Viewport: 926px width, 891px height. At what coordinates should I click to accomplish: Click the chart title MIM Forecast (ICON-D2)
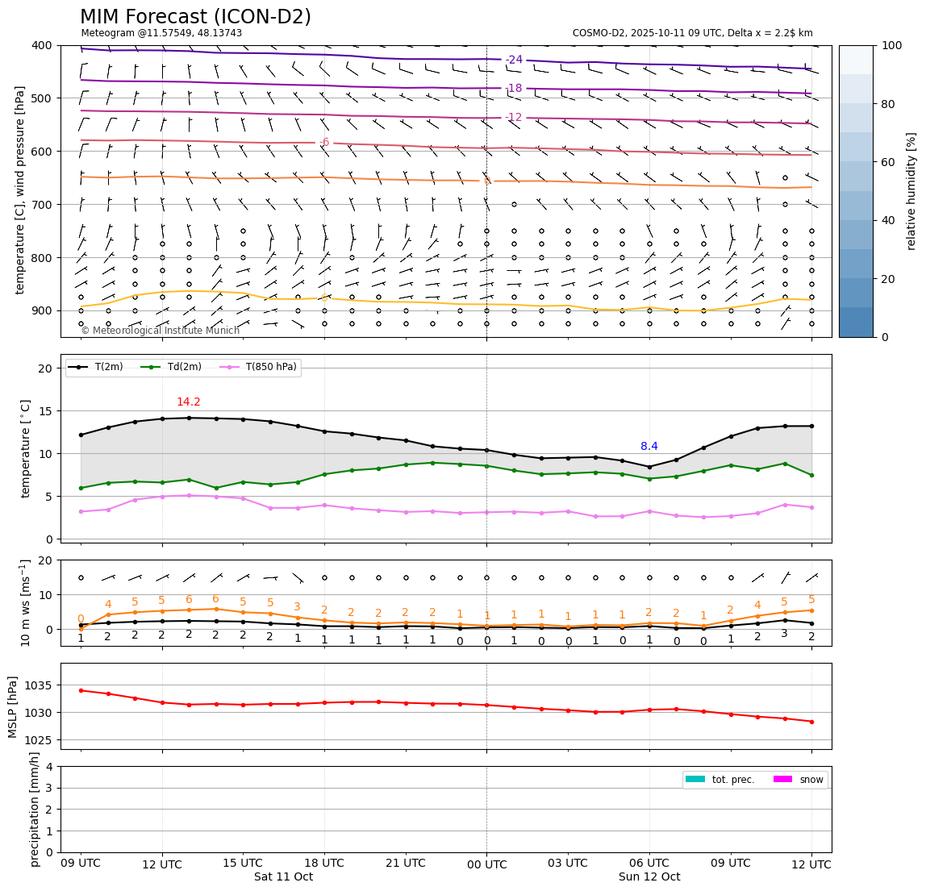[195, 17]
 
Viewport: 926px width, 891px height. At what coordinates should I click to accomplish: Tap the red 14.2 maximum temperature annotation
[188, 402]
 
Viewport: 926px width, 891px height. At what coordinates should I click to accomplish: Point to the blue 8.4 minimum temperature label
[649, 447]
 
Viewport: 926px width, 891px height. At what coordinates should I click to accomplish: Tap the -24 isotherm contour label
[514, 60]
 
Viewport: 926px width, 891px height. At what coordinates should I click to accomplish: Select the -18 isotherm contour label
[514, 88]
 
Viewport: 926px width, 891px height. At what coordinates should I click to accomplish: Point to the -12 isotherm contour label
[514, 117]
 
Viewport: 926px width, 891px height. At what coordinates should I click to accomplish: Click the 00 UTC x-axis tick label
[486, 864]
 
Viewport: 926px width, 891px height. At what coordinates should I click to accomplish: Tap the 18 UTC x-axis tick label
[324, 863]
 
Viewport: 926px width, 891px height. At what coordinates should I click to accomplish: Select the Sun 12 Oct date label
[649, 876]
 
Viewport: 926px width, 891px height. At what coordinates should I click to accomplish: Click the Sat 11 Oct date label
[283, 876]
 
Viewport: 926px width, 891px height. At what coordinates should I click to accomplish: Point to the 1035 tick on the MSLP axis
[41, 685]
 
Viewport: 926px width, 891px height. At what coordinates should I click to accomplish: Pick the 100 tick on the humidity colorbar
[891, 46]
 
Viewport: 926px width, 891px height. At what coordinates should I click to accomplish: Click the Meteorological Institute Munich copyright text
[161, 331]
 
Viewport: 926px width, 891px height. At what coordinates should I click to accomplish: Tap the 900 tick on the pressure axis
[43, 311]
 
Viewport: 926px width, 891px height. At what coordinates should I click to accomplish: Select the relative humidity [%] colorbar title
[911, 191]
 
